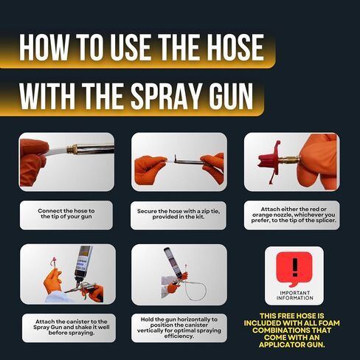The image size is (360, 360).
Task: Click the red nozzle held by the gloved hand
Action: point(269,162)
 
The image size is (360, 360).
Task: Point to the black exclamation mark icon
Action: point(295,267)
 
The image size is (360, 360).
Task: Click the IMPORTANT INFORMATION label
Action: point(294,295)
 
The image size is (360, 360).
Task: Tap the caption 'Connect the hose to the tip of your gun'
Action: point(66,214)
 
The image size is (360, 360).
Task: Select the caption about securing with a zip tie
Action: point(179,214)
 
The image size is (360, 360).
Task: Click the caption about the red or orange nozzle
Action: point(294,215)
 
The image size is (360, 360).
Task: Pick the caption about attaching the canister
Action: point(72,328)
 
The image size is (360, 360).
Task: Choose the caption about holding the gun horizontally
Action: point(179,328)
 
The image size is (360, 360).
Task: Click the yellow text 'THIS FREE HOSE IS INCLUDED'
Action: point(292,319)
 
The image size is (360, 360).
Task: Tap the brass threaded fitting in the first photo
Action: point(71,148)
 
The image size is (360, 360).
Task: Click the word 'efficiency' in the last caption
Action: point(179,336)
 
